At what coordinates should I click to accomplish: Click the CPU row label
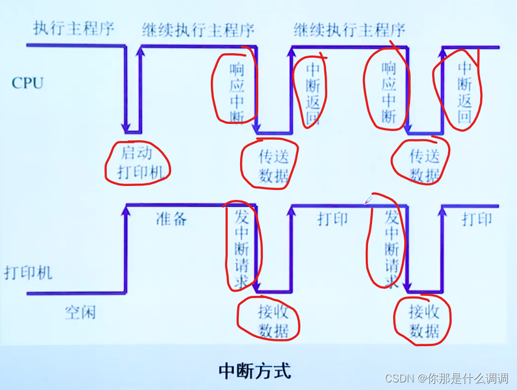point(27,83)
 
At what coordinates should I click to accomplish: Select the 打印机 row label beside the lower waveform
point(27,272)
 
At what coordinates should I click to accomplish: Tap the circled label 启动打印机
point(137,163)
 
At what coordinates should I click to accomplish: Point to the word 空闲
point(80,313)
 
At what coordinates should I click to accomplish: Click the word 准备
point(171,219)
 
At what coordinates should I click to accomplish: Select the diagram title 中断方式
point(254,371)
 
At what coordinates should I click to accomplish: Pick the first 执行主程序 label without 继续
point(74,28)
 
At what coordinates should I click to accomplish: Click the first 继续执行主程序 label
point(198,29)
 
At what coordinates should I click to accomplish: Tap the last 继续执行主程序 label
point(349,29)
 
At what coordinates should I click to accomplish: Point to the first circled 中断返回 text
point(313,94)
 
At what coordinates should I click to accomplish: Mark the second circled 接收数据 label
point(424,321)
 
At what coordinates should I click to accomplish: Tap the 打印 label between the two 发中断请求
point(332,219)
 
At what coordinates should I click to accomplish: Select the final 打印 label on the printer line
point(477,219)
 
